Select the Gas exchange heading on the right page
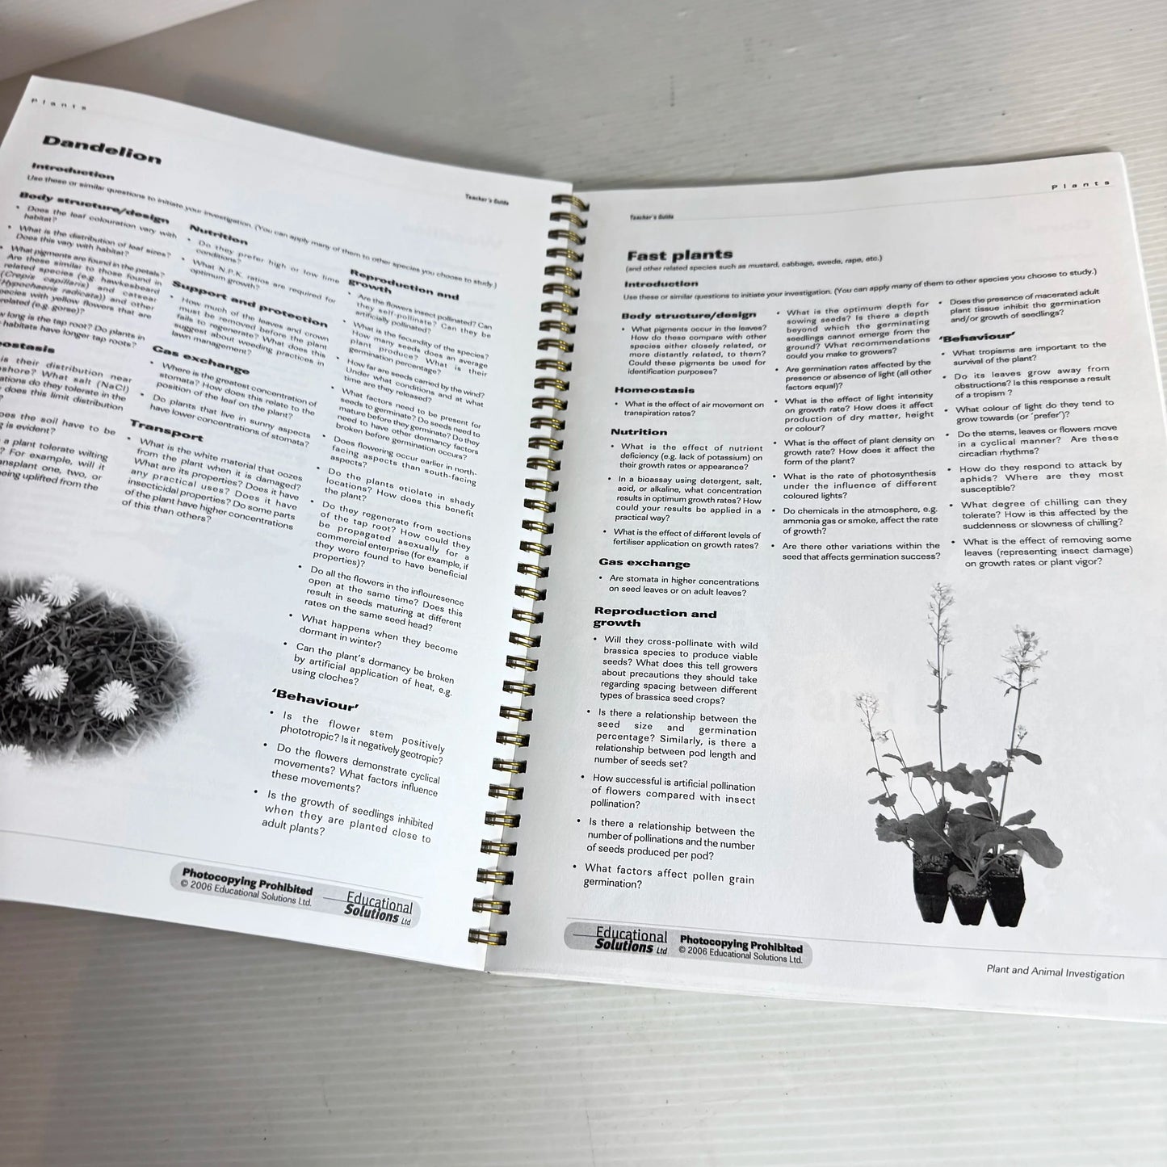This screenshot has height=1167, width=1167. click(x=644, y=563)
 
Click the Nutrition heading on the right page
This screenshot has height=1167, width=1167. click(x=638, y=432)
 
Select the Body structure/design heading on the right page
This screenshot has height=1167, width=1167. click(x=688, y=314)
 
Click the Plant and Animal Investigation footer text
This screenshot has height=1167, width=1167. click(x=1055, y=974)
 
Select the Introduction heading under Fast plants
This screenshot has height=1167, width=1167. click(x=660, y=283)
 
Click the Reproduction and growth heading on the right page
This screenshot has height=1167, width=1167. click(x=654, y=618)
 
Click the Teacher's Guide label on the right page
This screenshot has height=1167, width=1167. click(x=651, y=216)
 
